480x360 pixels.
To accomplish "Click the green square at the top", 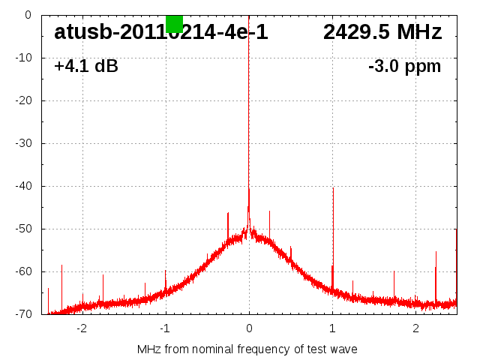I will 174,24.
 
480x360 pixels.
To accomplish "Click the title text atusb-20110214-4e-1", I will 161,32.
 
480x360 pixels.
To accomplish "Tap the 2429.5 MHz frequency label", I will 382,32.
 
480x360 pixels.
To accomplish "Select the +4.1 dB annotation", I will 86,66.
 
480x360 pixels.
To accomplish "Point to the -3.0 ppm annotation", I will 405,66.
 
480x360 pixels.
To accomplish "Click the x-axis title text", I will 247,349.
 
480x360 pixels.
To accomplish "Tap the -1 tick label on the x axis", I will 164,328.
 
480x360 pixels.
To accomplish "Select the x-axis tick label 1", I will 332,328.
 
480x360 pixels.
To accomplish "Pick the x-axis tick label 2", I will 415,328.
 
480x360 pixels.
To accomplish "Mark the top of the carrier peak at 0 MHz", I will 249,16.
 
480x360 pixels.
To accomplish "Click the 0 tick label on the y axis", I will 28,15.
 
